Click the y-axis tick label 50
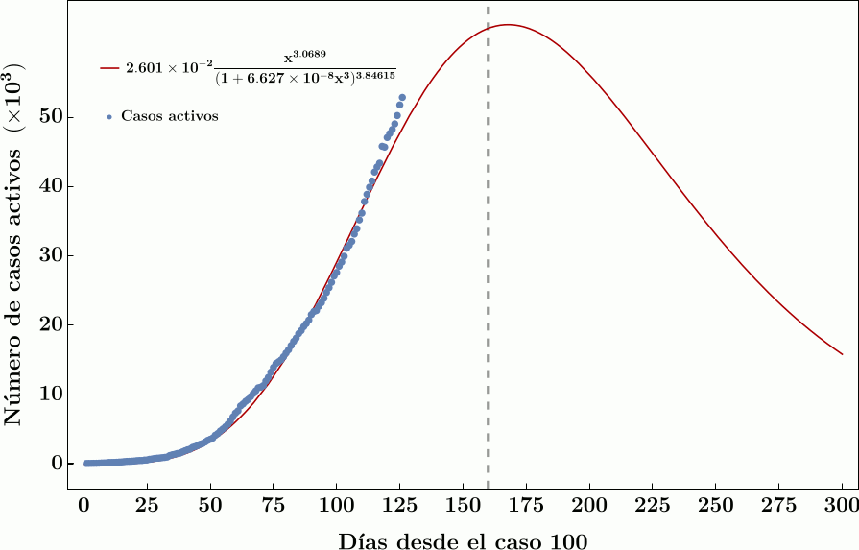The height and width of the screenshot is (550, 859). [x=52, y=116]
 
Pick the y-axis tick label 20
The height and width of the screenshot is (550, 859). [x=52, y=324]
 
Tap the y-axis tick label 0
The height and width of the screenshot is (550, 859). [x=57, y=464]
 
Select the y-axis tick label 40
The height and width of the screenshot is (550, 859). [x=52, y=186]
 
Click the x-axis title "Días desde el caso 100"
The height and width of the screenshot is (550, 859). [x=463, y=539]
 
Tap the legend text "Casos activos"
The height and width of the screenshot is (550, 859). [x=170, y=116]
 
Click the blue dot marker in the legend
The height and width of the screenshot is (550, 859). [x=109, y=117]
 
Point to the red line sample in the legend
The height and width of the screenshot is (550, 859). [x=108, y=68]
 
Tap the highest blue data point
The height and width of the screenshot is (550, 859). [x=402, y=97]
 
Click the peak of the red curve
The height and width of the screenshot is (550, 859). [x=508, y=25]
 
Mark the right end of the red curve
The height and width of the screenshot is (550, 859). [x=842, y=354]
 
